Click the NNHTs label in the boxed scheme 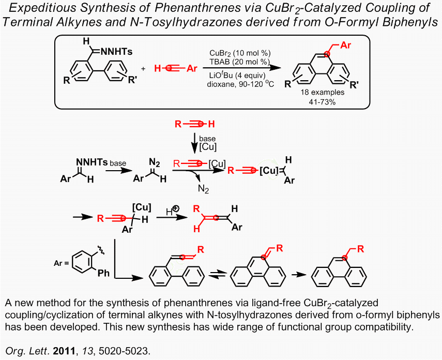tap(116, 51)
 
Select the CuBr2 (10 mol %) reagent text tap(240, 53)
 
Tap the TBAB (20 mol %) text tap(239, 62)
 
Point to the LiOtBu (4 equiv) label tap(237, 76)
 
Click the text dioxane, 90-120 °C tap(240, 84)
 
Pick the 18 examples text tap(323, 92)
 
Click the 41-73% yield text tap(322, 102)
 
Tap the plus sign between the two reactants tap(143, 69)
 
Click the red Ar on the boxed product tap(346, 45)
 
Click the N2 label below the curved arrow tap(203, 189)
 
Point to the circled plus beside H tap(176, 208)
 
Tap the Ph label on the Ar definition tap(103, 273)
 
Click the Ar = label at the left tap(61, 263)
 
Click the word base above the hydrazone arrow tap(118, 163)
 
